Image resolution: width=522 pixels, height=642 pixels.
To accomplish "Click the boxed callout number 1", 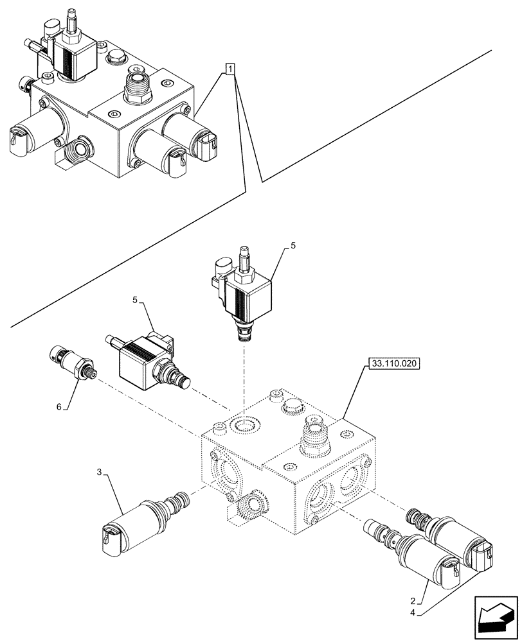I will point(231,68).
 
